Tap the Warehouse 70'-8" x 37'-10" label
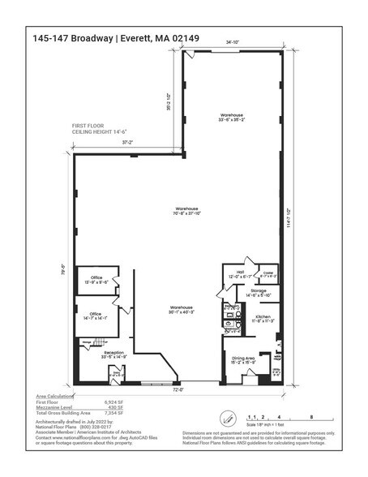(x=186, y=212)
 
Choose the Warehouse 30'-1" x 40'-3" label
(x=182, y=310)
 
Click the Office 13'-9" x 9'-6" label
(x=97, y=279)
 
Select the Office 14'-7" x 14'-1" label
(x=96, y=316)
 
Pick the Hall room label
(x=240, y=274)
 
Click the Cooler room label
(x=268, y=274)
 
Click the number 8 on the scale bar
(x=311, y=415)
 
